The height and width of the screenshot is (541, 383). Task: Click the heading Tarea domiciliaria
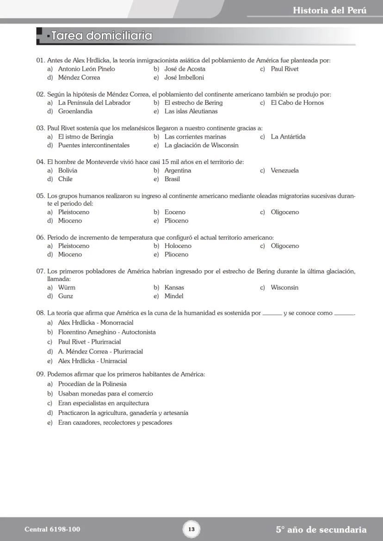102,36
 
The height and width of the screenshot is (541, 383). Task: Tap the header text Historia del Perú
329,10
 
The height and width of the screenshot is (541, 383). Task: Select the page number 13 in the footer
191,529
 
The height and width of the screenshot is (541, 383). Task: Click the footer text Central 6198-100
49,529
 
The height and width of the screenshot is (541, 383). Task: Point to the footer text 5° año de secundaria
321,529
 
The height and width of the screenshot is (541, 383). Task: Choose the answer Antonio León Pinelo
86,69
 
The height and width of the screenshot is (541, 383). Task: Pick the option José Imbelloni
184,78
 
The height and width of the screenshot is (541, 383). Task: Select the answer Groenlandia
75,111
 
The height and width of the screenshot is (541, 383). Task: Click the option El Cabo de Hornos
297,103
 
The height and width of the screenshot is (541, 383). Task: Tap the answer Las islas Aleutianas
191,111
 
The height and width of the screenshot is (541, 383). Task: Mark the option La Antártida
288,137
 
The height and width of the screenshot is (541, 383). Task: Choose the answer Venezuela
284,170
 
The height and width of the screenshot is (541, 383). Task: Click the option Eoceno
175,212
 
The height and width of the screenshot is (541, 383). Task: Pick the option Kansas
174,287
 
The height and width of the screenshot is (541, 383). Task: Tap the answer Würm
67,287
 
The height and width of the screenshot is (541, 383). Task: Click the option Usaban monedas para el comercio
105,394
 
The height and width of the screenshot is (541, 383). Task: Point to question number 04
41,162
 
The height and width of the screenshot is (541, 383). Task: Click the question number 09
41,374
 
